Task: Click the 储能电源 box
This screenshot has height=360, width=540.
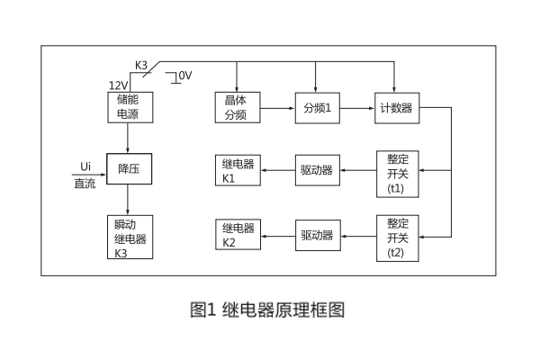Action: click(127, 107)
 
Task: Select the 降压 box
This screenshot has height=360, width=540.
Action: click(127, 168)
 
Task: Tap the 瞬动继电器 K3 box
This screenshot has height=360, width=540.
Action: click(127, 237)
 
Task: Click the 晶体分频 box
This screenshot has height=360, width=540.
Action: click(237, 107)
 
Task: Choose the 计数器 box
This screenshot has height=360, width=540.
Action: click(396, 107)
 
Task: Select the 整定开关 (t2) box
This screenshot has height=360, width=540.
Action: click(397, 237)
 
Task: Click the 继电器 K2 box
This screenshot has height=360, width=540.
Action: click(237, 236)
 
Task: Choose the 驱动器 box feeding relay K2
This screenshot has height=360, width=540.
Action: click(318, 236)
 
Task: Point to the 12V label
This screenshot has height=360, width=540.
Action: click(118, 85)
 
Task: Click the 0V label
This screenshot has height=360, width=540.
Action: click(185, 76)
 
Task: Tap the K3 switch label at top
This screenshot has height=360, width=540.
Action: click(141, 65)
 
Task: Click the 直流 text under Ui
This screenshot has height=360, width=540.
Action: click(85, 184)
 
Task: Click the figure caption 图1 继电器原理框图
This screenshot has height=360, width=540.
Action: click(268, 310)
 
